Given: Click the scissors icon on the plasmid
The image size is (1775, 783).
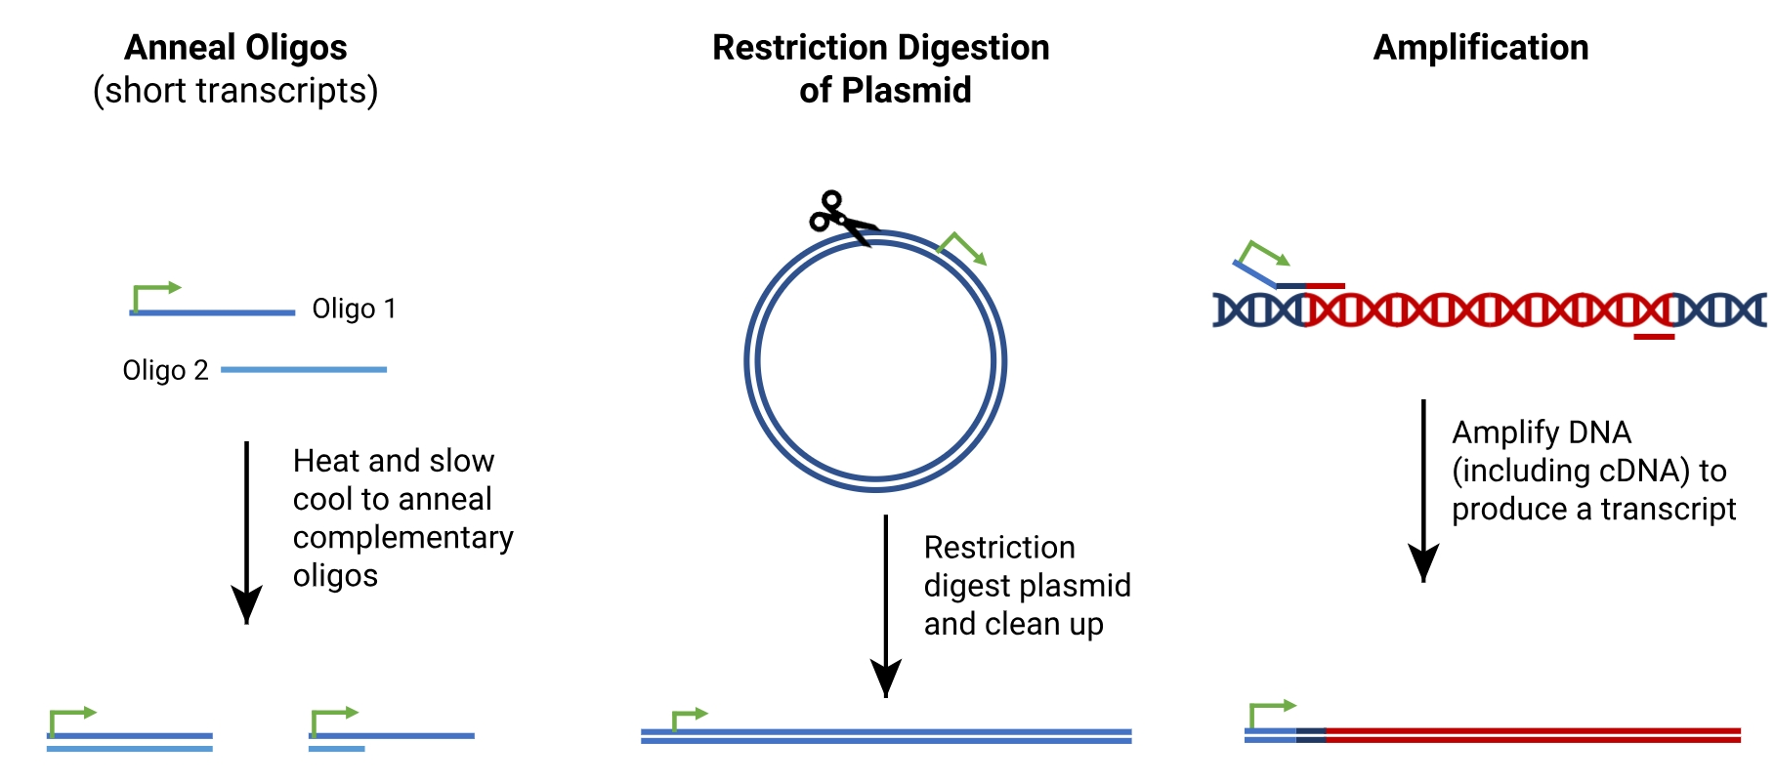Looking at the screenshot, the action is coord(841,218).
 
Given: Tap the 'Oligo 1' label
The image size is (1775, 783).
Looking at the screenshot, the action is coord(354,309).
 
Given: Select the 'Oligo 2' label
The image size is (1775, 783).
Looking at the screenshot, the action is coord(165,370).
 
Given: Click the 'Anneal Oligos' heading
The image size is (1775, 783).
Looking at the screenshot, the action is coord(235,47).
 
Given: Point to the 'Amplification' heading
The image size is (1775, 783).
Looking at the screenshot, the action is coord(1481,47).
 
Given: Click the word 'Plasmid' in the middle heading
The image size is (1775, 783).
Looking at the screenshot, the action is coord(907,90).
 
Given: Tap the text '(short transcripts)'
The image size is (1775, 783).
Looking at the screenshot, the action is coord(235,91).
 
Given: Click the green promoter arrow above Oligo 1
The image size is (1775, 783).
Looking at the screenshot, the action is coord(156,297).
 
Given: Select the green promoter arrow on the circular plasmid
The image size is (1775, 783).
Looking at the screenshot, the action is coord(962,248).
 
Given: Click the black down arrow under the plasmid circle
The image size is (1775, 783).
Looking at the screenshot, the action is coord(886,606).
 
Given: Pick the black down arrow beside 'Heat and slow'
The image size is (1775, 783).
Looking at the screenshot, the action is coord(246,533).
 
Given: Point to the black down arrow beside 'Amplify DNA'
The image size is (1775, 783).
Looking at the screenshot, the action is coord(1423,491).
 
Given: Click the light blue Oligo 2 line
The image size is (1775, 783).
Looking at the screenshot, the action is coord(304,369).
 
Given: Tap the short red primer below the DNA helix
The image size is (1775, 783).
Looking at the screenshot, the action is coord(1654,337).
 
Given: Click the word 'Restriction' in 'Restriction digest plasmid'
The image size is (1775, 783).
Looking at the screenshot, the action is coord(999,547).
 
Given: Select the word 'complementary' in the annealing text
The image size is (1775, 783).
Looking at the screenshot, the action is coord(402,537).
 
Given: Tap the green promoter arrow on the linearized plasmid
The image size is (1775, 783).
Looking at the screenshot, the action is coord(689,720).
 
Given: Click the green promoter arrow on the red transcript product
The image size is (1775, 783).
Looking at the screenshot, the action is coord(1273,714).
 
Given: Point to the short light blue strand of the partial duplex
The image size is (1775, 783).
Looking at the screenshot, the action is coord(337,749).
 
